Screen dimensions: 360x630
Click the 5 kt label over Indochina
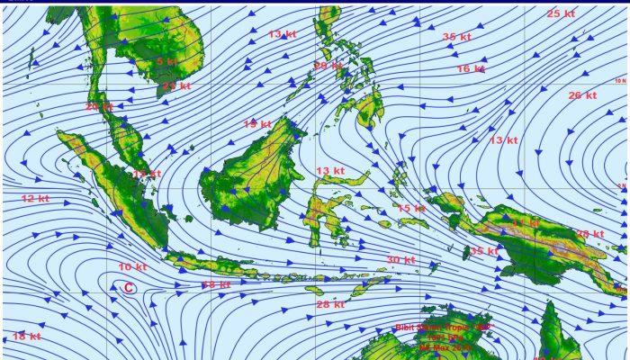click(166, 61)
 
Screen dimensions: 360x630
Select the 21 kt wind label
click(176, 86)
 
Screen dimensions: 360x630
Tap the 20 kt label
click(99, 106)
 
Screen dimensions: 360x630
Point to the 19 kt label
click(257, 124)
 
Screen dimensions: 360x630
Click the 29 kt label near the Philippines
click(328, 66)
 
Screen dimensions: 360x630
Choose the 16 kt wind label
click(471, 69)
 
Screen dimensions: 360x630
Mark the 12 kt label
click(35, 198)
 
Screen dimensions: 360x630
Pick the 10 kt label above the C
click(132, 267)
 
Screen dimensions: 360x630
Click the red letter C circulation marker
click(129, 288)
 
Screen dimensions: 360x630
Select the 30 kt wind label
click(400, 260)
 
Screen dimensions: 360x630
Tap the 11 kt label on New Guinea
click(526, 221)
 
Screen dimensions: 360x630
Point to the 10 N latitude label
click(619, 81)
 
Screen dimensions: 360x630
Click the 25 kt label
click(561, 13)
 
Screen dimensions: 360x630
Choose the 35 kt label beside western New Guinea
click(483, 252)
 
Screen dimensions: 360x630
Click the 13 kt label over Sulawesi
click(330, 171)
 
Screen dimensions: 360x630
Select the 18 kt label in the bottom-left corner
click(26, 337)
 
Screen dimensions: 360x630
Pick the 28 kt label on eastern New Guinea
click(589, 234)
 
